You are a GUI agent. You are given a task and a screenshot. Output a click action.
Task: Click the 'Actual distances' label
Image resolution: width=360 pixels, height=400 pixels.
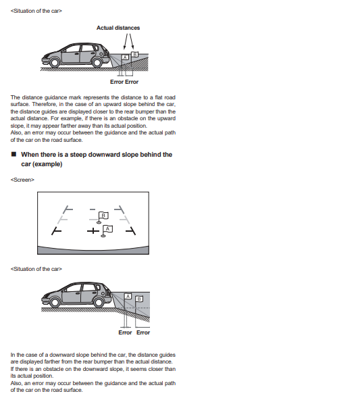pos(118,28)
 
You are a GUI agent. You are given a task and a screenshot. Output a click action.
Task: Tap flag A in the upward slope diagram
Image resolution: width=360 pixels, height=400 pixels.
pos(125,57)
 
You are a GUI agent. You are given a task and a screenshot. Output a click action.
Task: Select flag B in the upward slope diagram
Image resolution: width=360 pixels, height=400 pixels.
pos(135,54)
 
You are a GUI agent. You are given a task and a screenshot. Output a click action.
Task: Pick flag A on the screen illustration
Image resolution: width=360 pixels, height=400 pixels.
pos(107,230)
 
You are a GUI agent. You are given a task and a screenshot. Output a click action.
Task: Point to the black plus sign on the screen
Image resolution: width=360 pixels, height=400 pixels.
pos(93,231)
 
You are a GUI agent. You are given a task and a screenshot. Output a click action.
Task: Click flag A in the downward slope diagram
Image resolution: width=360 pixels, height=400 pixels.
pos(128,296)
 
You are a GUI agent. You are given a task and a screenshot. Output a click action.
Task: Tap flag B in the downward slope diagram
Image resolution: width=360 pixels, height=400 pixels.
pos(139,299)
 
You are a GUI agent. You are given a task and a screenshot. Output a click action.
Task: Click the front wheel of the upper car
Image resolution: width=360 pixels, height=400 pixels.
pos(54,62)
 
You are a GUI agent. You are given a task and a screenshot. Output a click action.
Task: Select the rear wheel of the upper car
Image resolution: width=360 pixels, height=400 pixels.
pos(97,62)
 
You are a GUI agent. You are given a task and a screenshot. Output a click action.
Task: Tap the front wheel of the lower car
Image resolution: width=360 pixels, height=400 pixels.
pos(55,302)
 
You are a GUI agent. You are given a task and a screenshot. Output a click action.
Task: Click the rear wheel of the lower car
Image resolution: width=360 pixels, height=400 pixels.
pos(99,302)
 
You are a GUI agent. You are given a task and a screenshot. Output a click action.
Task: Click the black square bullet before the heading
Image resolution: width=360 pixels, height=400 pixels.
pos(14,154)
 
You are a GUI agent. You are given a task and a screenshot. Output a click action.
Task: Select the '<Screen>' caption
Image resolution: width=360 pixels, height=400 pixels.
pos(22,180)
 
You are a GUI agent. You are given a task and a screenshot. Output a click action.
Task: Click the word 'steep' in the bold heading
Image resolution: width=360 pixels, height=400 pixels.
pos(78,155)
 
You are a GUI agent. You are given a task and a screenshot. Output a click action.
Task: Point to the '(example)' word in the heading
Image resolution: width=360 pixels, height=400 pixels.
pos(47,164)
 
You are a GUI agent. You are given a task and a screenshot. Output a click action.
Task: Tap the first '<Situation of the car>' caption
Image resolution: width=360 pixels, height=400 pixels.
pos(36,11)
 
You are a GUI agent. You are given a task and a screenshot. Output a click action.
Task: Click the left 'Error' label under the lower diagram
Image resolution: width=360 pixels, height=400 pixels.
pos(125,332)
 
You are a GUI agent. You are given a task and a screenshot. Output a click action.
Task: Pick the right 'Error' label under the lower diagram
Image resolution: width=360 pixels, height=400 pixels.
pos(143,332)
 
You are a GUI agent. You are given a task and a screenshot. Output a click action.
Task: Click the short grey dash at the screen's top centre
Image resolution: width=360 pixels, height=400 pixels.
pos(93,209)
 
